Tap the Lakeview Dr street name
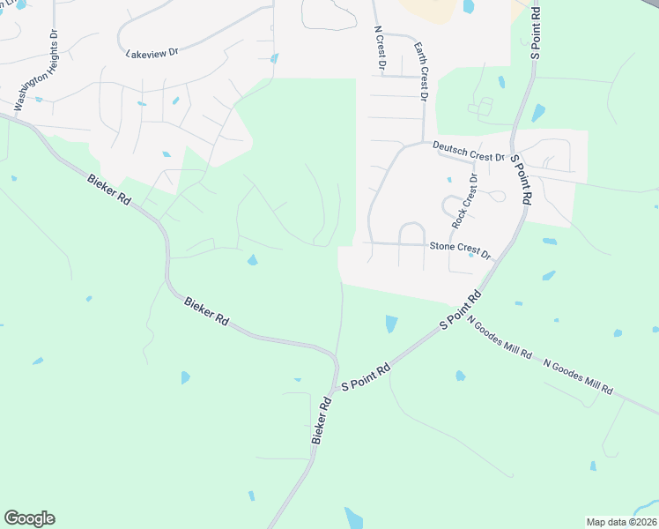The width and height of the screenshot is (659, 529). point(152,53)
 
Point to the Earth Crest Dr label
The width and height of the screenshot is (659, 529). point(419,72)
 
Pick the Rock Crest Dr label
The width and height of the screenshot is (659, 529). point(464,202)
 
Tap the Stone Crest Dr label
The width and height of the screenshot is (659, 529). point(458,250)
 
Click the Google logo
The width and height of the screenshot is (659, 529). point(29,518)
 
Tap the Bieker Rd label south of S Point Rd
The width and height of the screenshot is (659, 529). point(320,421)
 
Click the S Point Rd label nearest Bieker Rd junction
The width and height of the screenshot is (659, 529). point(365,380)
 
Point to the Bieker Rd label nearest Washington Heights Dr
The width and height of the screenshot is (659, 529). point(109,189)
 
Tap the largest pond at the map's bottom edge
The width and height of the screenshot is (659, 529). point(354,518)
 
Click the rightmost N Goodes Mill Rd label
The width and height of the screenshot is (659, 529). point(578,376)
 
